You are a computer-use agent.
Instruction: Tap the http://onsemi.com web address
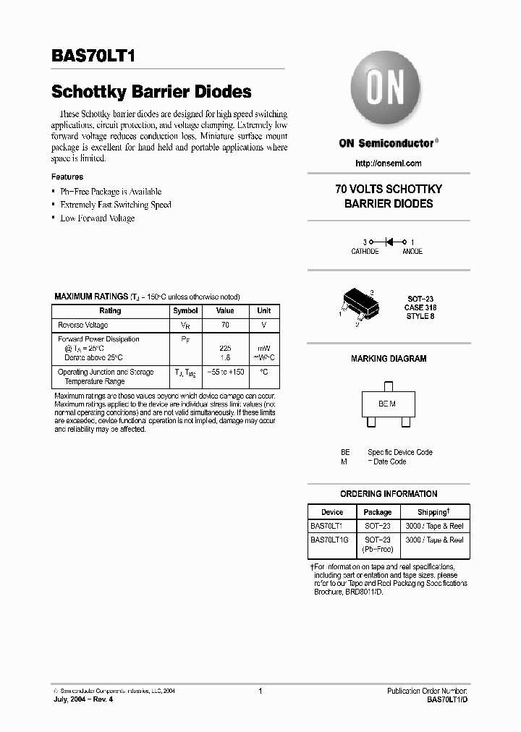[x=389, y=163]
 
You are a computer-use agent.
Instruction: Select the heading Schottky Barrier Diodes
[x=151, y=92]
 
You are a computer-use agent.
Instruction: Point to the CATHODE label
[x=365, y=252]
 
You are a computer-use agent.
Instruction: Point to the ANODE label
[x=412, y=252]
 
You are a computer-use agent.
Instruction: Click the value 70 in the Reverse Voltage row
[x=225, y=325]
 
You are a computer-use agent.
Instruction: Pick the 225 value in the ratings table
[x=225, y=348]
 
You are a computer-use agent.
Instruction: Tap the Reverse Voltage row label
[x=83, y=325]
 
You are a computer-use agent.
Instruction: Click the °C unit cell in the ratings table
[x=264, y=372]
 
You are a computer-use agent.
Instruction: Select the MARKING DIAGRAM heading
[x=389, y=359]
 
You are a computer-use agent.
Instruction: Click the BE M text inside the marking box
[x=387, y=404]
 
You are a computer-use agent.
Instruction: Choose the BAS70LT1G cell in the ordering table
[x=330, y=540]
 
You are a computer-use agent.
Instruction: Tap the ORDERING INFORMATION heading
[x=389, y=494]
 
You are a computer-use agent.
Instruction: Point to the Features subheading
[x=67, y=177]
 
